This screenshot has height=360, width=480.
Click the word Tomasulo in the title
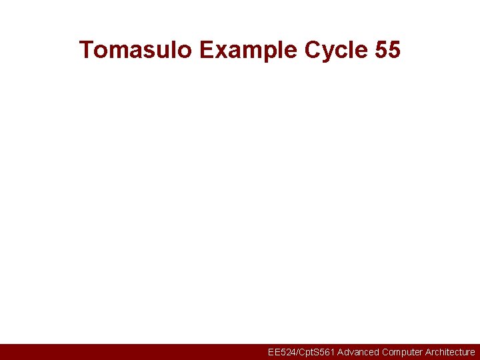[x=135, y=49]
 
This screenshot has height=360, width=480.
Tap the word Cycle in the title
[x=336, y=49]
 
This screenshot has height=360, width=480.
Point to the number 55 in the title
[x=387, y=49]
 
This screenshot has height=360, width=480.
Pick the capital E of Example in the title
[x=206, y=49]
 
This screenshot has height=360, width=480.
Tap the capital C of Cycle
[x=313, y=49]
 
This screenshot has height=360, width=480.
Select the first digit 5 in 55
[x=381, y=49]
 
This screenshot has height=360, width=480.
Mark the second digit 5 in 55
[x=394, y=49]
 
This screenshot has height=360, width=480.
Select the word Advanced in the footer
[x=358, y=352]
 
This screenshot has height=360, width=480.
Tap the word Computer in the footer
[x=402, y=352]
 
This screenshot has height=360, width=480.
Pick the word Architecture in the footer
[x=450, y=352]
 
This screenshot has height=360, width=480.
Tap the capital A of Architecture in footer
[x=428, y=352]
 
